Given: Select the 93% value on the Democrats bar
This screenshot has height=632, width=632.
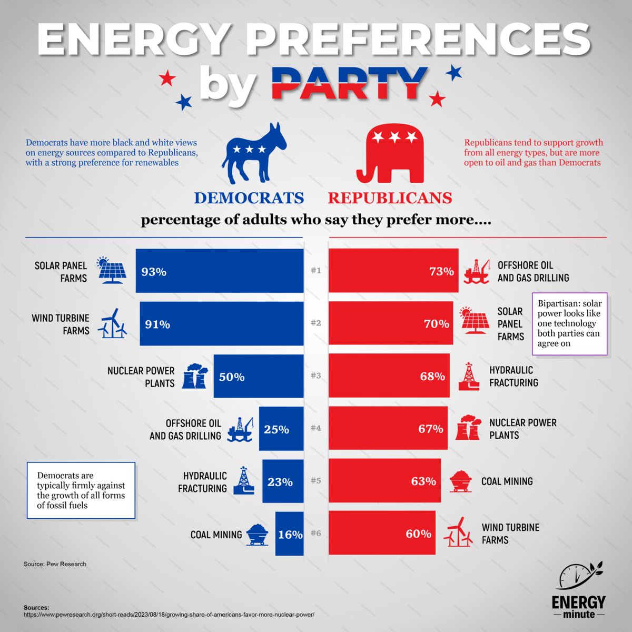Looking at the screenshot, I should [153, 272].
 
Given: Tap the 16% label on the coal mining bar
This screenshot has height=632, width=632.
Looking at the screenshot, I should [290, 535].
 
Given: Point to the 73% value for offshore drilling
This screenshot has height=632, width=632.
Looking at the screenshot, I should [441, 272].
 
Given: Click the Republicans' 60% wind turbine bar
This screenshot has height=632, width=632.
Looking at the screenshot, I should [382, 533].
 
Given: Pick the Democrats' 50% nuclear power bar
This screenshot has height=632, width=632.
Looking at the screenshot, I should [258, 377].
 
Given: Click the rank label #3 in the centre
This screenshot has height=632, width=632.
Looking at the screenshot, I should [315, 376].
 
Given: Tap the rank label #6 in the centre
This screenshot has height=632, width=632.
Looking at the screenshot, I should [315, 534].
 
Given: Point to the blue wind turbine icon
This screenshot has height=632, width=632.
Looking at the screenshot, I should [112, 323].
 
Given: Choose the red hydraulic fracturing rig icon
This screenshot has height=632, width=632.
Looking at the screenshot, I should [468, 377].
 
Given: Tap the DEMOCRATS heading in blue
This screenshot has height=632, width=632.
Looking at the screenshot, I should [249, 198].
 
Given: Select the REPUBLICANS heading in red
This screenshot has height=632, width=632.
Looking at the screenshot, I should [390, 198].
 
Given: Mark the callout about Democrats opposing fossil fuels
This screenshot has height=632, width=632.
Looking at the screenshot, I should [81, 490].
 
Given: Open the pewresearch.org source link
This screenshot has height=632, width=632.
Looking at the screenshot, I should [169, 615].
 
